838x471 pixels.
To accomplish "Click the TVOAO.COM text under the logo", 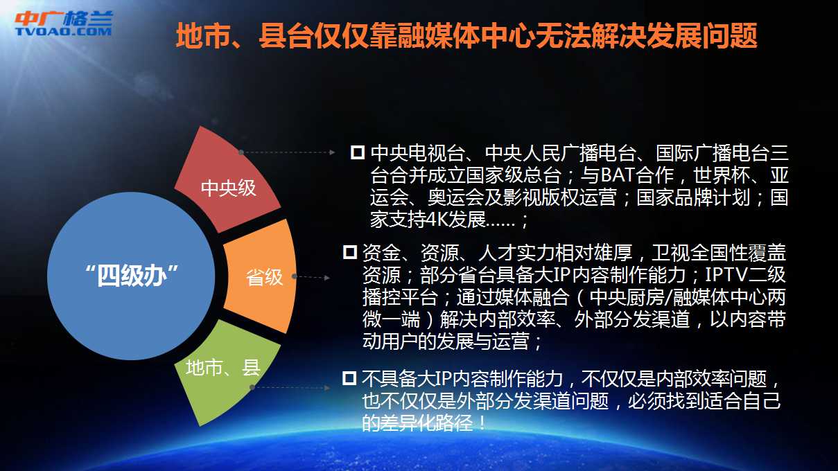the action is point(64,31).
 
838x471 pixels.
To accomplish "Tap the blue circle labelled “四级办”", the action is point(131,276).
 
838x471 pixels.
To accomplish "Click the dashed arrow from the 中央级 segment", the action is point(288,152).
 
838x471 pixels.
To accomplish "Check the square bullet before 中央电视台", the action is point(358,152).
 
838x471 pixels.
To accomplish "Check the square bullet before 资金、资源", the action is point(350,252).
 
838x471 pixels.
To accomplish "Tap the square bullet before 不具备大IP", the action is point(349,378).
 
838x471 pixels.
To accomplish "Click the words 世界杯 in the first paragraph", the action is point(722,175).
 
